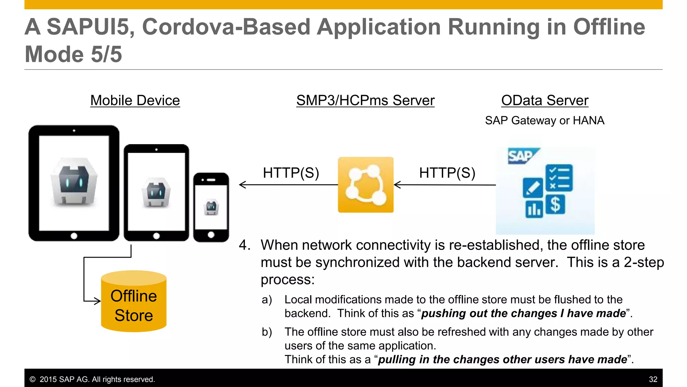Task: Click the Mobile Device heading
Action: point(135,100)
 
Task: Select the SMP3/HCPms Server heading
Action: point(365,100)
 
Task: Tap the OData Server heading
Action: point(545,100)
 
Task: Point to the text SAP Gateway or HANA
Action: point(544,120)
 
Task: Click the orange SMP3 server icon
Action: point(366,185)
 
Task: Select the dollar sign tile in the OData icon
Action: point(555,205)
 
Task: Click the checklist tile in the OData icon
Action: point(559,178)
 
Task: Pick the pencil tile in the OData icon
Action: point(533,187)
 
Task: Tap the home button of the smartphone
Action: point(211,235)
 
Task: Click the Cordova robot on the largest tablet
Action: point(74,181)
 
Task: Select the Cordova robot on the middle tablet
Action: point(156,192)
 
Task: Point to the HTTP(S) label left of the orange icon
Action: point(291,173)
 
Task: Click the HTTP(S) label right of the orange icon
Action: point(447,173)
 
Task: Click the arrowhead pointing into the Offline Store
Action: point(97,301)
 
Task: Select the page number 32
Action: point(653,379)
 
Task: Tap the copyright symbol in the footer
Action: point(33,379)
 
